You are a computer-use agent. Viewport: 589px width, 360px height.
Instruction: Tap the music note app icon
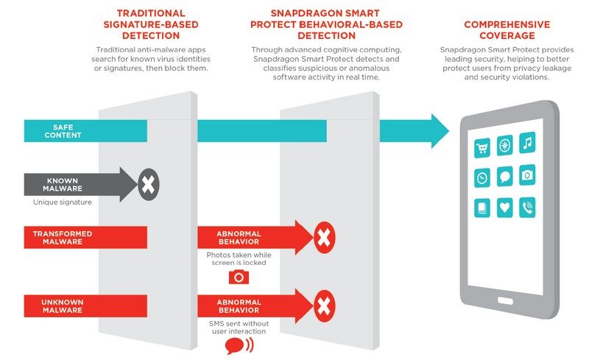click(527, 143)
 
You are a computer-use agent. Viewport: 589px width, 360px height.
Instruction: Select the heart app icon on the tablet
click(505, 208)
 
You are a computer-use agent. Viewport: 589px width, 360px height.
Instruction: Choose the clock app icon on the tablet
click(483, 177)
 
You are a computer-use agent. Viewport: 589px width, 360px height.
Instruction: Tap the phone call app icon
click(527, 206)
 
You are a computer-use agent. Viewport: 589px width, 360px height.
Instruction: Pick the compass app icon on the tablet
click(505, 144)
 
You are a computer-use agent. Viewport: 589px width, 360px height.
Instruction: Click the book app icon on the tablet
click(483, 208)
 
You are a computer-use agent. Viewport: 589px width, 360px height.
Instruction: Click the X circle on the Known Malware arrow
click(148, 184)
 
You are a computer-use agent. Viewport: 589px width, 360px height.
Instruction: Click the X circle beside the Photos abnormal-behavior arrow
click(323, 237)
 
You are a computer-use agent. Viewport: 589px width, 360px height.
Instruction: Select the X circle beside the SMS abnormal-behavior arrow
click(323, 305)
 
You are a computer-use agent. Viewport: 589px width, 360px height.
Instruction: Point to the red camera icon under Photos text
click(238, 277)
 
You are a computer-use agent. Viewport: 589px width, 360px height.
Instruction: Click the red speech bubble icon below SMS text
click(235, 345)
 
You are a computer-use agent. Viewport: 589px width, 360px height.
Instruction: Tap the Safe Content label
click(62, 131)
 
